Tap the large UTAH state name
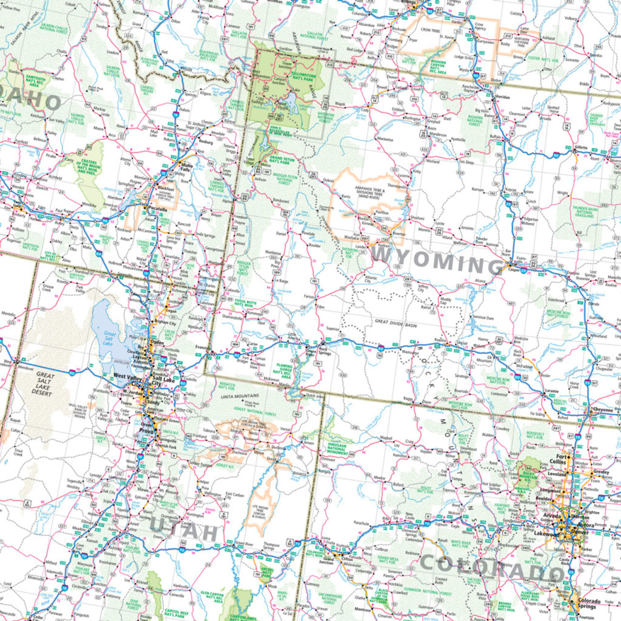click(x=183, y=531)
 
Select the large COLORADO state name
click(x=492, y=566)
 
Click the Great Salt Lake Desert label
click(x=45, y=384)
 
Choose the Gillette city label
click(x=582, y=147)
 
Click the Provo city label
click(x=146, y=431)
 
